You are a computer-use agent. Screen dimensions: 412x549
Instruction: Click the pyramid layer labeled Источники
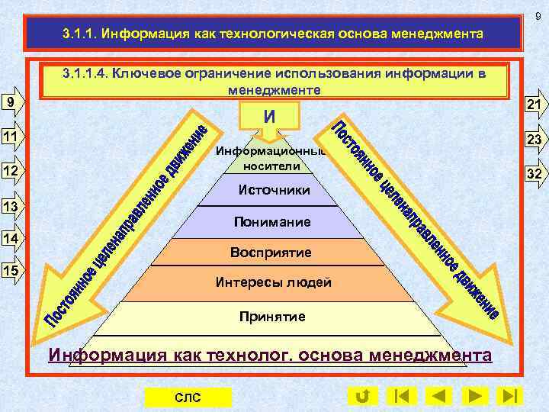click(274, 190)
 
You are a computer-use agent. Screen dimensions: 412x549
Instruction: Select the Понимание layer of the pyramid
click(274, 223)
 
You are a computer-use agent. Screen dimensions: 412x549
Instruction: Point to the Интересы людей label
click(274, 283)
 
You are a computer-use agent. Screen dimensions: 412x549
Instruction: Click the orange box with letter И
click(270, 116)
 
